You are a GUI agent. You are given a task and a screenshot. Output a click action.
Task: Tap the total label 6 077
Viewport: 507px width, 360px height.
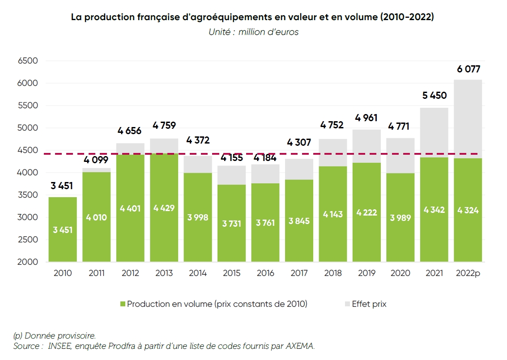[468, 69]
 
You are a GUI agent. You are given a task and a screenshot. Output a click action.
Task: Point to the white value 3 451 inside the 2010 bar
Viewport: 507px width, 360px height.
[63, 230]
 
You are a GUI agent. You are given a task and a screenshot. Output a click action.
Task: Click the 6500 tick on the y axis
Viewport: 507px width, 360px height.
[28, 61]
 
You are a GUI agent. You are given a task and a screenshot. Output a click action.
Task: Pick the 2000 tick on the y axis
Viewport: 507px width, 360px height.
[28, 262]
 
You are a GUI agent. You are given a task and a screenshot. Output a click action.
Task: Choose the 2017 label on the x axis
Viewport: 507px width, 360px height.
[299, 273]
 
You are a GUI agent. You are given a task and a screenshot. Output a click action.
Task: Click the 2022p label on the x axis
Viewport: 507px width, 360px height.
[468, 273]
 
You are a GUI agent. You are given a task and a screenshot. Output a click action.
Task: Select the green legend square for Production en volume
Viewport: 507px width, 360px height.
[123, 304]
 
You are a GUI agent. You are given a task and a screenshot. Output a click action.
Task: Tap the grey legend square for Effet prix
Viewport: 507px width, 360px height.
[348, 304]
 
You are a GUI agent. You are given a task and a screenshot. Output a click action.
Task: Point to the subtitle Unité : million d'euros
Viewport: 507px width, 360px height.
[253, 32]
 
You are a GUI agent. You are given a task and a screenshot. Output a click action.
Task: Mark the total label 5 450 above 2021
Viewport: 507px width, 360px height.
[434, 95]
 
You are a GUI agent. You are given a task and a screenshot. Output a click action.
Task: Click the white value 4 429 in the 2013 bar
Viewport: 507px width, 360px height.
[164, 208]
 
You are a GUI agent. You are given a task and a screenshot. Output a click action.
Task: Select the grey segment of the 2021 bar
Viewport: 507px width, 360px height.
[434, 132]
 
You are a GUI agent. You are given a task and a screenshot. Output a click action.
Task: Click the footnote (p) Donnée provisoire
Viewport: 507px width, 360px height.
[54, 335]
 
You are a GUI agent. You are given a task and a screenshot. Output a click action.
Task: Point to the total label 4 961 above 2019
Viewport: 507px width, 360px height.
[366, 118]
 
